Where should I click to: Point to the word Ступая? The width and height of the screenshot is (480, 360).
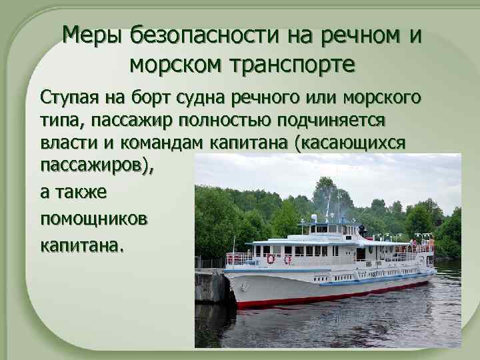tap(70, 99)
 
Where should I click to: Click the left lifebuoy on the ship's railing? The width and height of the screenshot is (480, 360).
tap(271, 259)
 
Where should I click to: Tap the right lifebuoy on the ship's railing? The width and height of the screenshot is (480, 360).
tap(287, 259)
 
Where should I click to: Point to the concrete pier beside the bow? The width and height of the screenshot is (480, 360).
tap(212, 287)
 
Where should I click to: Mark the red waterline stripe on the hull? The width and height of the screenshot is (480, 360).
tap(333, 293)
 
